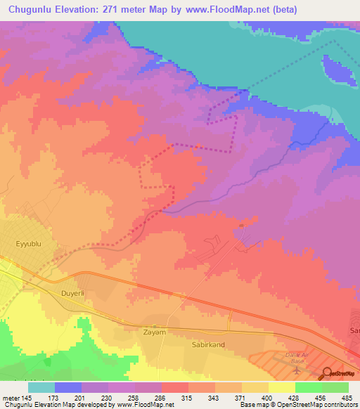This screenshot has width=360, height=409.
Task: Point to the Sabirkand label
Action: [x=207, y=346]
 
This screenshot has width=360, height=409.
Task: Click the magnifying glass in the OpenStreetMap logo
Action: [x=326, y=373]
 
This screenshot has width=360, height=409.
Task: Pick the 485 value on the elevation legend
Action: [x=347, y=398]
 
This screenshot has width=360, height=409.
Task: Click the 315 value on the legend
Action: [x=187, y=398]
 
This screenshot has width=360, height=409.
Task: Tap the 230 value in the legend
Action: [x=108, y=398]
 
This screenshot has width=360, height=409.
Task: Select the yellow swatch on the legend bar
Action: [x=281, y=387]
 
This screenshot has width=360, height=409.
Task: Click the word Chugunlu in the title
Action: [x=34, y=9]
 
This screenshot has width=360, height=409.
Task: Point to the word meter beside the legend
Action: [x=11, y=398]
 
